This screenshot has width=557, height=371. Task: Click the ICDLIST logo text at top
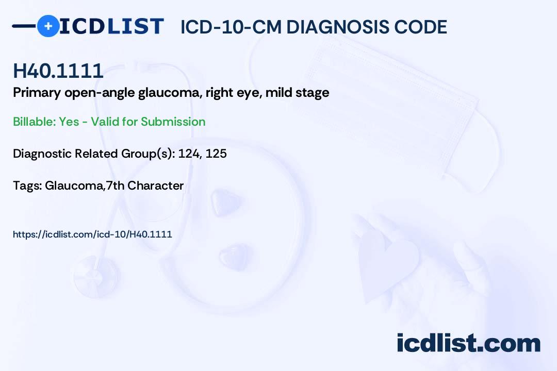click(x=111, y=26)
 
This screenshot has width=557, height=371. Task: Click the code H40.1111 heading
click(x=58, y=71)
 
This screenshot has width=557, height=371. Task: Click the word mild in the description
click(x=278, y=93)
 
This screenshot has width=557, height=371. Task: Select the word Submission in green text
click(x=173, y=122)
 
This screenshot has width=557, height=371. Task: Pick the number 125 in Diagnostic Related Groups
click(x=216, y=154)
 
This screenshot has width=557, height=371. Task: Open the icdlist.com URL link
click(x=92, y=234)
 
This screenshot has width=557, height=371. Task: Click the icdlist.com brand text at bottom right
click(x=468, y=343)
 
